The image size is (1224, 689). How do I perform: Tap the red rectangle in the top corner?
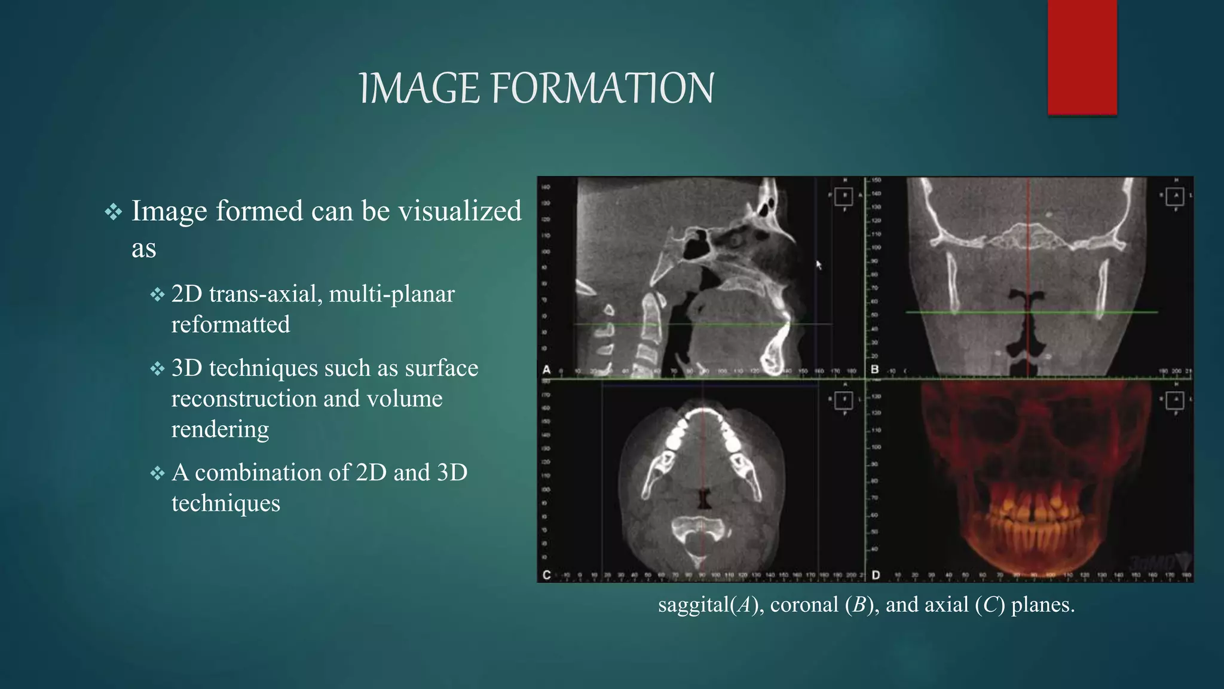[x=1082, y=57]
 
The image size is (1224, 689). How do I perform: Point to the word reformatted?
[x=231, y=325]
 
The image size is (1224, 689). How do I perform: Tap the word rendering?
[x=220, y=429]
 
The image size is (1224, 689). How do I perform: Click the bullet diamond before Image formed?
[x=113, y=212]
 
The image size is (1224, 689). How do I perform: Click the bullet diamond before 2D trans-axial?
[x=157, y=294]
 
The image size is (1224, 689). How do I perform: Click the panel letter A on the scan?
[x=546, y=370]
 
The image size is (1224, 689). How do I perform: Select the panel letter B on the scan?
[x=875, y=370]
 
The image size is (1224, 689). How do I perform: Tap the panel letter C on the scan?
[x=546, y=575]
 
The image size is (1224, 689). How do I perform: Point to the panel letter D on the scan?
[x=876, y=575]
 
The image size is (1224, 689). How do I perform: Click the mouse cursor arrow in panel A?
[x=819, y=264]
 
